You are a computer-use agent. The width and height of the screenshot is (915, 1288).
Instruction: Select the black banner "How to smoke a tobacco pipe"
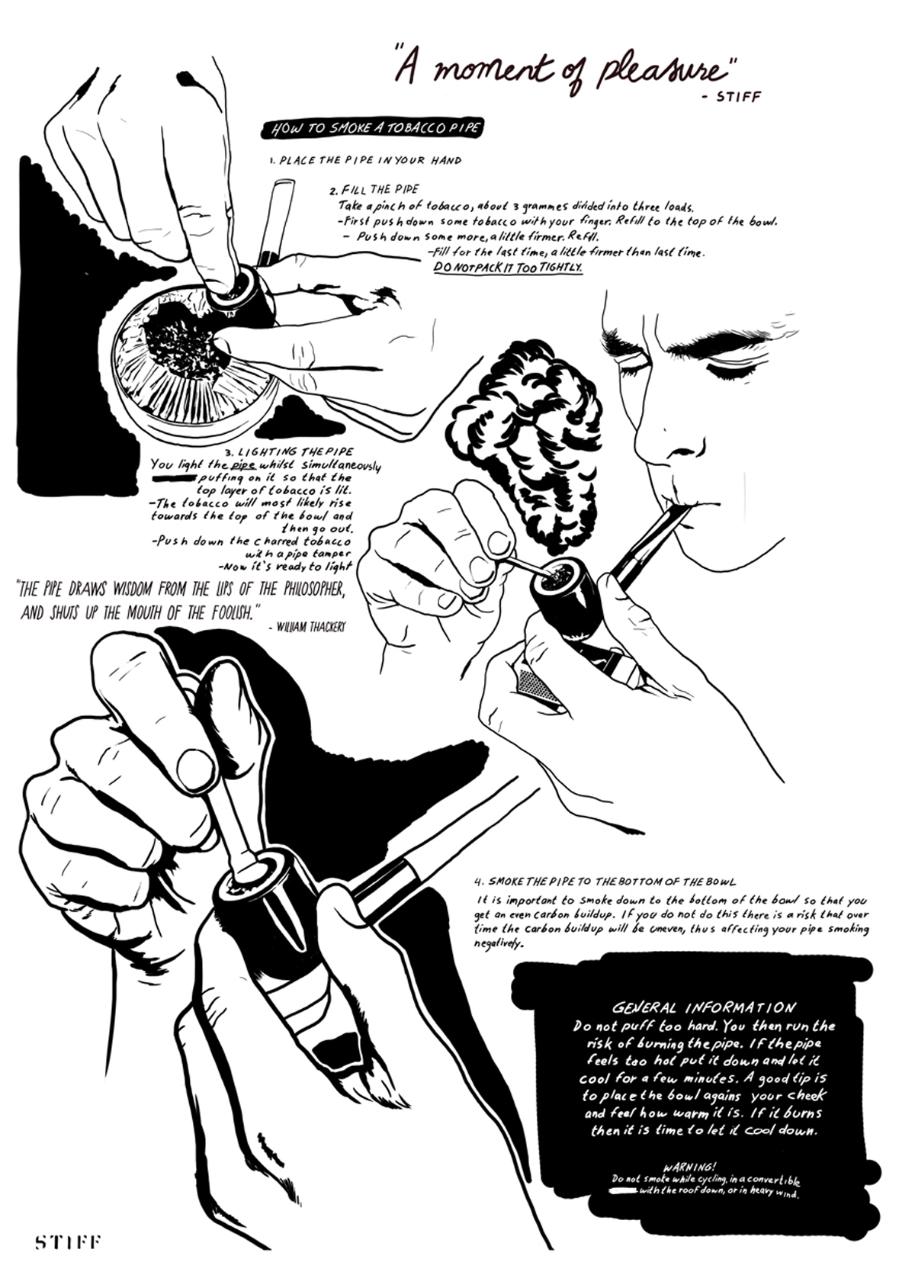[371, 130]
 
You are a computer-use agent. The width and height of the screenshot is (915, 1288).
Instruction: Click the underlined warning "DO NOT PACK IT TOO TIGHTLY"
[508, 268]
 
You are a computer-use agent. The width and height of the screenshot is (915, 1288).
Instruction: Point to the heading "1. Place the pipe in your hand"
[365, 160]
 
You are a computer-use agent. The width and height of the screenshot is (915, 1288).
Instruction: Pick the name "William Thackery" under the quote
[307, 628]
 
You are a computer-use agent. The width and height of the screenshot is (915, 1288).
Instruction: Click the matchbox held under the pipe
[538, 686]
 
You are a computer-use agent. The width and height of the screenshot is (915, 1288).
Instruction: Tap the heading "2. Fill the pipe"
[374, 189]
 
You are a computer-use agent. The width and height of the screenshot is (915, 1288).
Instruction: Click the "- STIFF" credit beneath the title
[731, 97]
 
